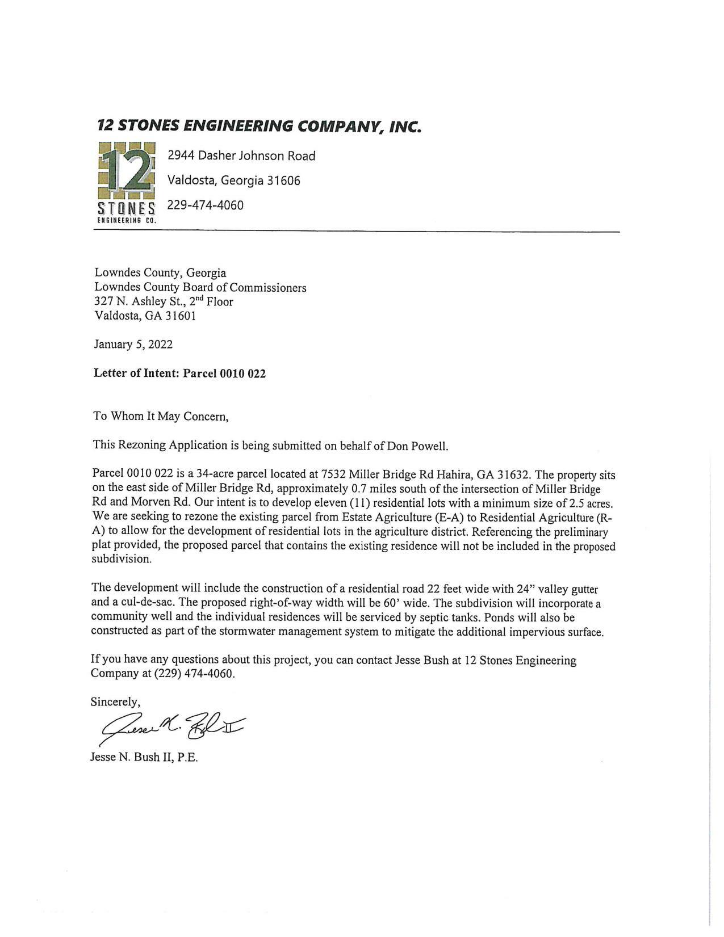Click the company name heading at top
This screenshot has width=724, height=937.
tap(259, 125)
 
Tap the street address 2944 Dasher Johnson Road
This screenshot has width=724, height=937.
tap(241, 156)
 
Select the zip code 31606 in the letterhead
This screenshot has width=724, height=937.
tap(283, 180)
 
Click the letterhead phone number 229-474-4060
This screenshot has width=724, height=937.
tap(205, 205)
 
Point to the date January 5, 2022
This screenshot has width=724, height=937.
tap(133, 344)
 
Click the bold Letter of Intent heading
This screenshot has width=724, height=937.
tap(179, 373)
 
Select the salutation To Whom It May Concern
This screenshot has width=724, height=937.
tap(161, 416)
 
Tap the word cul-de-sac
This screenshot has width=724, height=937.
tap(148, 603)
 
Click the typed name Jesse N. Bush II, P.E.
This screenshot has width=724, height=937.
tap(144, 758)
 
